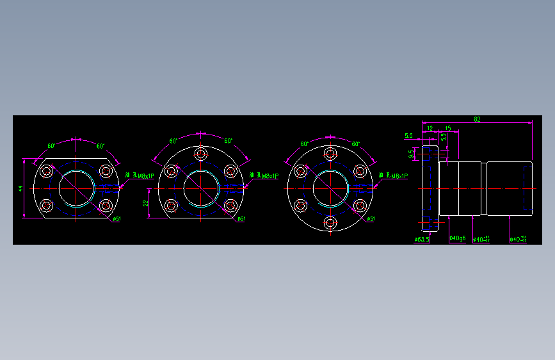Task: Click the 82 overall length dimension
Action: (477, 119)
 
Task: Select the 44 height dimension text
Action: (21, 188)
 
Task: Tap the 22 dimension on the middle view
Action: (145, 203)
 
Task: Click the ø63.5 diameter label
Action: (422, 240)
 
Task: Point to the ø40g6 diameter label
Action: (457, 238)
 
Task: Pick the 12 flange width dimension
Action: (430, 129)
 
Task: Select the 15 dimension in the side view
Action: (447, 129)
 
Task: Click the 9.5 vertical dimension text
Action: (412, 154)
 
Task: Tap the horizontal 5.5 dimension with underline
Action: (408, 136)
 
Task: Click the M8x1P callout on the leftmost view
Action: (143, 176)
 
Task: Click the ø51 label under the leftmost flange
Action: (117, 219)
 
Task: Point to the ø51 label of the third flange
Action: (371, 219)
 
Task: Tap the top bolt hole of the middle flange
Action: (201, 154)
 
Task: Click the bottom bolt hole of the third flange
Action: (330, 223)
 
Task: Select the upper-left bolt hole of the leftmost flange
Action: (47, 171)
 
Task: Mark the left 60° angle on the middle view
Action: (173, 141)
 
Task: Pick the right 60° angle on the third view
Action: (356, 144)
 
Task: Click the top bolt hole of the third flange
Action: (330, 154)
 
